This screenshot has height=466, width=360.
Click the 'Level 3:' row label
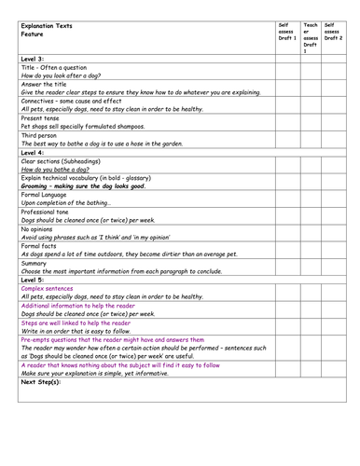34,59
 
